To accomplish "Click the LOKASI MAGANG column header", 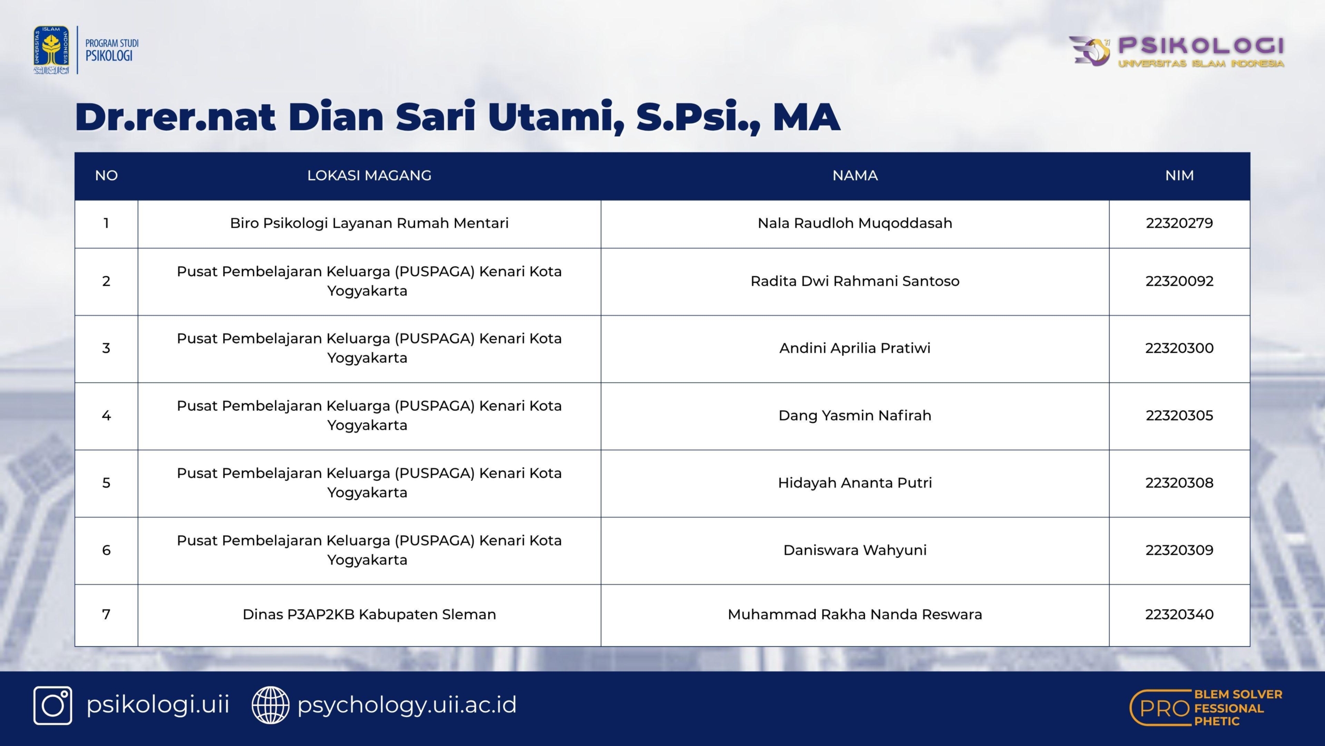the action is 369,176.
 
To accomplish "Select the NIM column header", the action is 1180,176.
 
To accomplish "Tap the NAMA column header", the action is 855,176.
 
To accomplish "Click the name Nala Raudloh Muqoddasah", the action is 855,223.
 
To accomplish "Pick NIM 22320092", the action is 1180,281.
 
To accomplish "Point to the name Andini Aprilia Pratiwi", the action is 855,348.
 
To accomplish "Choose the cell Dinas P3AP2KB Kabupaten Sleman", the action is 369,614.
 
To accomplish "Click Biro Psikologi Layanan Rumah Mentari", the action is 369,223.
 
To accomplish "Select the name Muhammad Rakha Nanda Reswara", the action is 855,614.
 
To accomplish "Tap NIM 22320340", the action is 1180,614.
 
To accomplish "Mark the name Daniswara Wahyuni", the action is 855,550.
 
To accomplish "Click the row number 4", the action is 106,415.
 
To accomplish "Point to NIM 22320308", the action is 1180,483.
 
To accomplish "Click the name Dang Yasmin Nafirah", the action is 855,415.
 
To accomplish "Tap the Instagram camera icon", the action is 53,706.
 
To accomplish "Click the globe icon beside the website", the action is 270,706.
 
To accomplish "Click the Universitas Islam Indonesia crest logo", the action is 51,50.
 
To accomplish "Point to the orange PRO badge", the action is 1206,708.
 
